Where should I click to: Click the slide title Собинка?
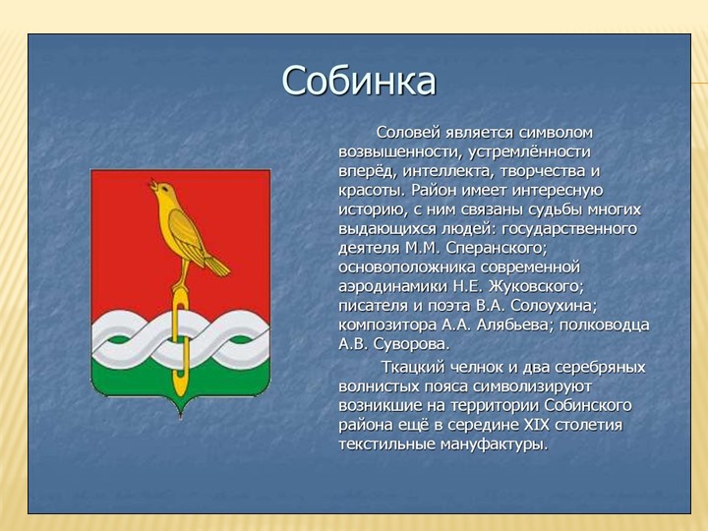(x=358, y=81)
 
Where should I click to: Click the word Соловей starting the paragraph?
(x=406, y=132)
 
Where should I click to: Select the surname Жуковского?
(x=531, y=285)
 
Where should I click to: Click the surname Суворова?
(x=406, y=344)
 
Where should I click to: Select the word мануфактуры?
(x=495, y=444)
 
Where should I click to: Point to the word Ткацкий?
(x=412, y=367)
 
